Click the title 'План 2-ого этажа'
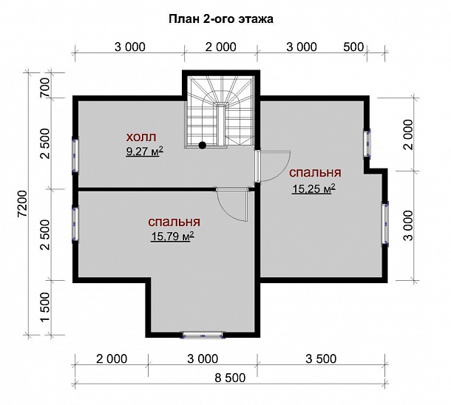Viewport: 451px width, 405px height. point(221,19)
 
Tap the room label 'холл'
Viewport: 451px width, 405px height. point(141,137)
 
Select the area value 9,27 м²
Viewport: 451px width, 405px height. point(145,152)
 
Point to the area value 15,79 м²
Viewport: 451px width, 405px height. point(172,236)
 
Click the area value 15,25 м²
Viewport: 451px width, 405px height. point(313,189)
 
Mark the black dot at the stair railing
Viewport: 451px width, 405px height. point(203,146)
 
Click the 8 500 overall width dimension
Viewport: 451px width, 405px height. point(230,378)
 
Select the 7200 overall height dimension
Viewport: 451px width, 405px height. point(22,203)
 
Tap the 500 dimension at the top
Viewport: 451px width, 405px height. point(353,47)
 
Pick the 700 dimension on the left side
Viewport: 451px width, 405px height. point(45,88)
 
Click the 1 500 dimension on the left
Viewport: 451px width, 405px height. point(45,307)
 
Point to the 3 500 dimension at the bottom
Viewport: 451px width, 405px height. point(321,358)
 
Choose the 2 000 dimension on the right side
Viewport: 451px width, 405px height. point(408,135)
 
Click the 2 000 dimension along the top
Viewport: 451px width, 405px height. point(220,47)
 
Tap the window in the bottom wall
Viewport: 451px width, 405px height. point(203,335)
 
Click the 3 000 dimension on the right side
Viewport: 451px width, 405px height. point(408,225)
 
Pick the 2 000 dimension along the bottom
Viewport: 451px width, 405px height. point(112,358)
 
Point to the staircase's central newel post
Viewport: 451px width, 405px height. point(221,126)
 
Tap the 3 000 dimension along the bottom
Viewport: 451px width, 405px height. point(203,358)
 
